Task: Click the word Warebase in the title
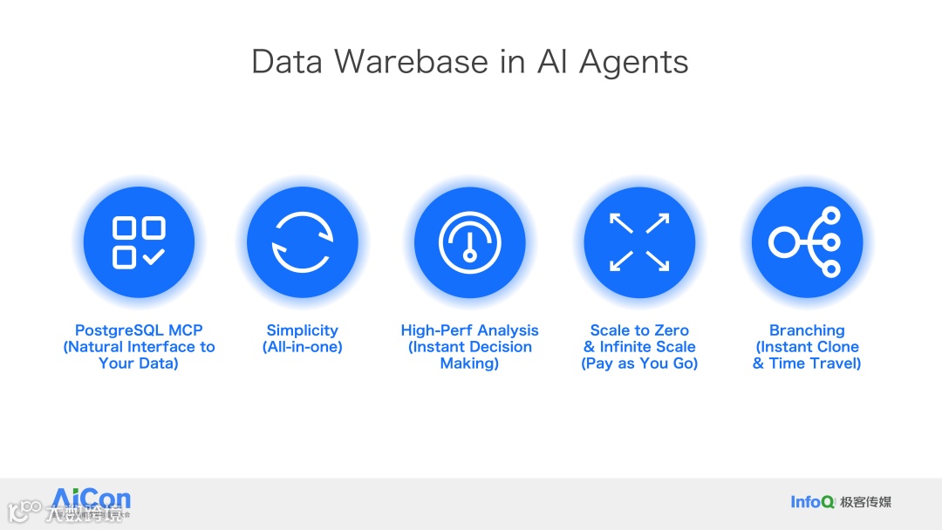pyautogui.click(x=415, y=62)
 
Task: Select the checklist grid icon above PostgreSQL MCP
pyautogui.click(x=139, y=242)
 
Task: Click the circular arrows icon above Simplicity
pyautogui.click(x=302, y=242)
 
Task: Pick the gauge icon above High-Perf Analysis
pyautogui.click(x=469, y=242)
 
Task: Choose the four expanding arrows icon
pyautogui.click(x=639, y=242)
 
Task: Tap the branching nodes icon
pyautogui.click(x=806, y=242)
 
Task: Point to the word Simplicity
pyautogui.click(x=302, y=330)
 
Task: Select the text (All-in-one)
pyautogui.click(x=302, y=347)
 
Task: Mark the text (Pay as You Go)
pyautogui.click(x=639, y=364)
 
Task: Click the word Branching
pyautogui.click(x=807, y=330)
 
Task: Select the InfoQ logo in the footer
pyautogui.click(x=812, y=501)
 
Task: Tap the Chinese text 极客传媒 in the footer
pyautogui.click(x=866, y=501)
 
